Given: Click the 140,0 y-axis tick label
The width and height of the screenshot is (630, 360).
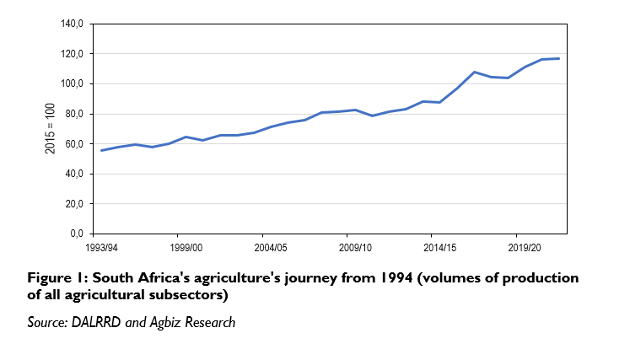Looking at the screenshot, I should [73, 24].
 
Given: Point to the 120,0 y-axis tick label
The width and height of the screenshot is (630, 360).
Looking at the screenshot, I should [73, 54].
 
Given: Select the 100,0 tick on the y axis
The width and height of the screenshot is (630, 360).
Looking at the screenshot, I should [73, 84].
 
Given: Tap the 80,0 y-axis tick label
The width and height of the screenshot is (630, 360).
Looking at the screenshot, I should [74, 114].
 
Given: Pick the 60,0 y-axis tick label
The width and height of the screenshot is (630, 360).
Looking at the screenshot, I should [74, 144].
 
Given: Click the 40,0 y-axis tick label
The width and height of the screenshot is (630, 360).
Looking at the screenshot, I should [74, 174].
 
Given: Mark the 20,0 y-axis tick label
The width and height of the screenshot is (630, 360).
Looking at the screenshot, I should [74, 204].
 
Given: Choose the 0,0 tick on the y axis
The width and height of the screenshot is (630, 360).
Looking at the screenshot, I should [77, 234].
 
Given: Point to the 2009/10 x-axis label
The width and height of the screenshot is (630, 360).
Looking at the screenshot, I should [355, 248].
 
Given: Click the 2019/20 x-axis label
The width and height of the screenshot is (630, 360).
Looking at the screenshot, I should [525, 248].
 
